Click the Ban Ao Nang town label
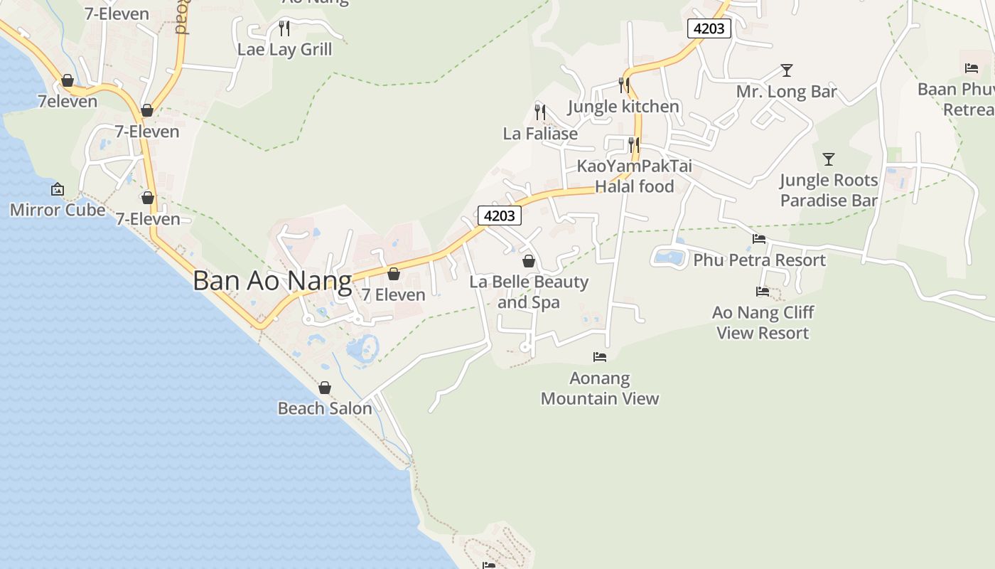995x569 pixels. coord(272,281)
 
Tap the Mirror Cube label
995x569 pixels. coord(57,210)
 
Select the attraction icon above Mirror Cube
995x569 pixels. coord(58,189)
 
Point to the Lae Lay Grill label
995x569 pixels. coord(284,49)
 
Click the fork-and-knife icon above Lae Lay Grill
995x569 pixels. coord(284,28)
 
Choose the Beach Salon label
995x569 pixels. coord(325,408)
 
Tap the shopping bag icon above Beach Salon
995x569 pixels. coord(325,388)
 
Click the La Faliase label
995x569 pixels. coord(540,133)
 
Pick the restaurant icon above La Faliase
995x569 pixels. coord(540,112)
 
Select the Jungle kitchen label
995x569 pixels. coord(623,107)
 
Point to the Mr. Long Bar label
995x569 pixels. coord(786,92)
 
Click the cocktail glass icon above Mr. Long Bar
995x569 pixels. coord(786,70)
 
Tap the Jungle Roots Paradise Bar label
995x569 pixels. coord(829,190)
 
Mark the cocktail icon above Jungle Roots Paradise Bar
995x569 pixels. coord(829,159)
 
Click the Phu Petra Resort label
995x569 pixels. coord(759,260)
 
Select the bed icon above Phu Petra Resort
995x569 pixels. coord(759,239)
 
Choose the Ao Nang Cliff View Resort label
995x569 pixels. coord(763,322)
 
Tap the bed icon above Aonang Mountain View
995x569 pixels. coord(600,356)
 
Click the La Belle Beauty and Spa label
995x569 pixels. coord(529,292)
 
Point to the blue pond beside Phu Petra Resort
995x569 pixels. coord(669,257)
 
